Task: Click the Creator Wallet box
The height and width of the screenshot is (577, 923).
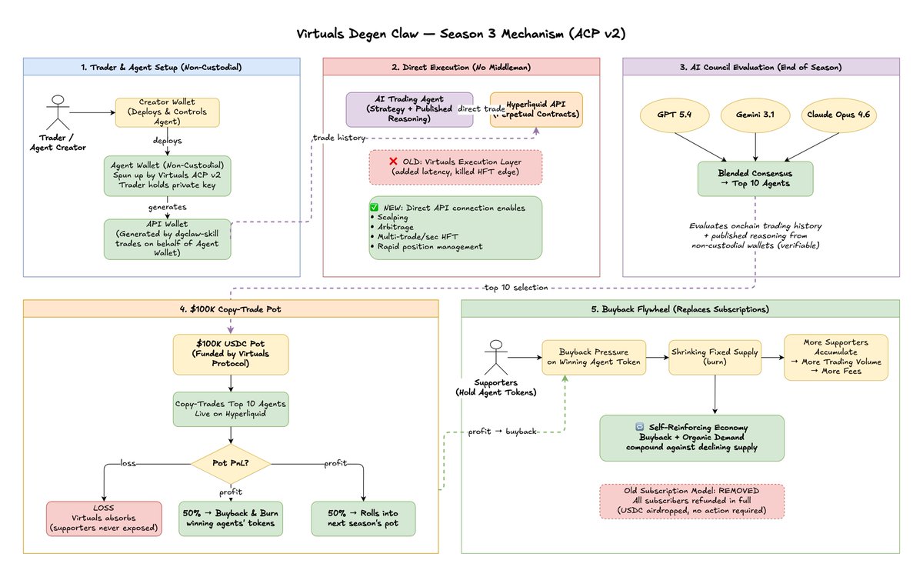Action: (x=168, y=112)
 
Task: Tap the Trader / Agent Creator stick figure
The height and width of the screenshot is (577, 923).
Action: (x=58, y=112)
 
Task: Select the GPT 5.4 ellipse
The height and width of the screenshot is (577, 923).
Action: (x=675, y=115)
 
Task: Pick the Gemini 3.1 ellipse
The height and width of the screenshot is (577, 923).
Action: (x=755, y=115)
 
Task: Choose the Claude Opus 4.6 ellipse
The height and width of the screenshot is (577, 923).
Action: (x=839, y=115)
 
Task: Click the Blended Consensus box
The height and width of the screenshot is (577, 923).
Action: (x=755, y=178)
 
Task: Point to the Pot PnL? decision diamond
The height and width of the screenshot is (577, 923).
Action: (x=231, y=464)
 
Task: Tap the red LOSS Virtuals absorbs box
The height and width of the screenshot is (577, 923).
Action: (x=104, y=519)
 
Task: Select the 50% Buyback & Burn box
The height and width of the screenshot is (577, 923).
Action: (x=231, y=519)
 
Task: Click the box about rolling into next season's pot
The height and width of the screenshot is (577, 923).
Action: (x=363, y=519)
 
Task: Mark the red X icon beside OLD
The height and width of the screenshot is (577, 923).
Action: (x=393, y=162)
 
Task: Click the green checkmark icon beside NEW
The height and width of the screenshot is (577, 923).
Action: (x=374, y=207)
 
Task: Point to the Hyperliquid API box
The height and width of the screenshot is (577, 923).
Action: (x=536, y=109)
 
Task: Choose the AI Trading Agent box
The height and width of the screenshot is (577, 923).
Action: (x=409, y=109)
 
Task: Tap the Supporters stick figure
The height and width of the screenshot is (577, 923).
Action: (x=496, y=357)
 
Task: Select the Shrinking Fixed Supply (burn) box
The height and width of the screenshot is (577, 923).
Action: (x=715, y=357)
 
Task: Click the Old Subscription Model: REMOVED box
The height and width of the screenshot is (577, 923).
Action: (x=691, y=501)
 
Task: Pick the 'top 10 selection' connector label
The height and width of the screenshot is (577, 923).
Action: (x=516, y=288)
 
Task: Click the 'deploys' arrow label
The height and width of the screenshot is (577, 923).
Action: (x=168, y=141)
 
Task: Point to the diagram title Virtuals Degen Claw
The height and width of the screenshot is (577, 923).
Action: (x=461, y=34)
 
